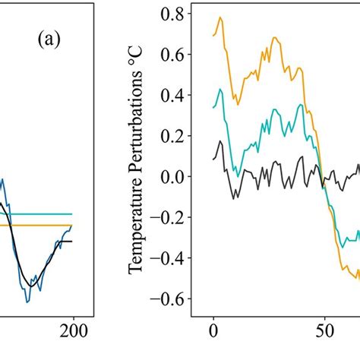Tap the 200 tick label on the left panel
pos(76,330)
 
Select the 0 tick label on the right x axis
pos(213,330)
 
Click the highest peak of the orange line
pos(220,17)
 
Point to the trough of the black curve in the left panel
pos(31,285)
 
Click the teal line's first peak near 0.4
pos(220,90)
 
